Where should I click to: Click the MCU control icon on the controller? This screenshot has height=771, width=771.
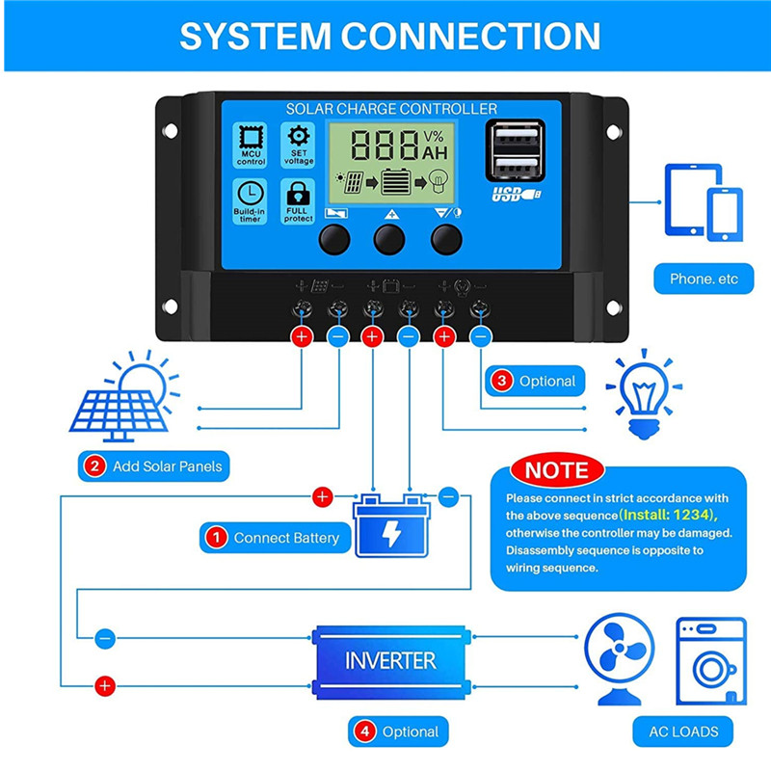pos(252,144)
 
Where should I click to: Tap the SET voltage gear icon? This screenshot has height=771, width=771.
pos(298,144)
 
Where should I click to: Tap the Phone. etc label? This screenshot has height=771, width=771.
pos(704,279)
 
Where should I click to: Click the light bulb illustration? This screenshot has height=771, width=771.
pos(643,394)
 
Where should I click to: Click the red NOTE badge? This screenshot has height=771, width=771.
pos(556,471)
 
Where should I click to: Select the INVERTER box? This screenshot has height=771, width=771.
pos(390,661)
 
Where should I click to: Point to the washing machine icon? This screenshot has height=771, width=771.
pos(711,661)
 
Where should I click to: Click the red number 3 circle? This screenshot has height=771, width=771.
pos(502,381)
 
